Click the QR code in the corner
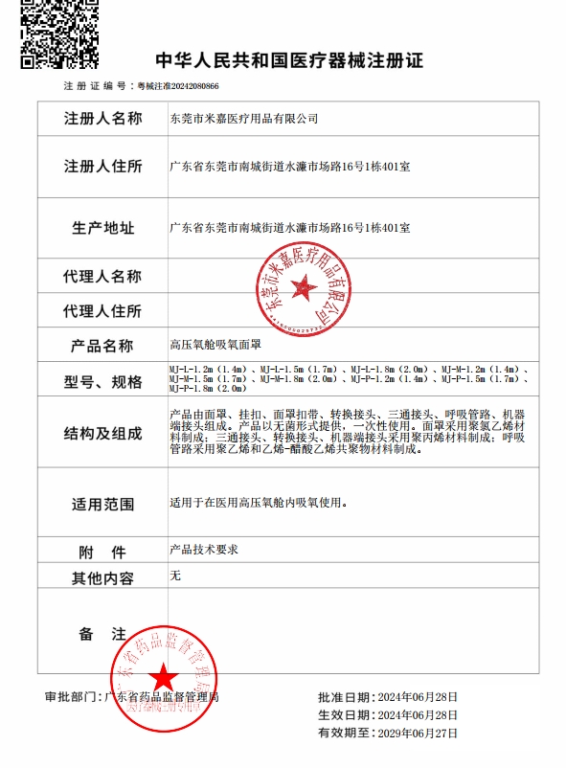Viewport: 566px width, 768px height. pos(59,34)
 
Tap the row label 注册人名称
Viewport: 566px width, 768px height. pos(102,119)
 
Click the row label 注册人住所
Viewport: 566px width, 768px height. pos(102,167)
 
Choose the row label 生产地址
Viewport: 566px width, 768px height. pos(102,228)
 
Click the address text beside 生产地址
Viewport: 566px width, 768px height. pos(289,228)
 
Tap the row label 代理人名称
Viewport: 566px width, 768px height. pos(102,276)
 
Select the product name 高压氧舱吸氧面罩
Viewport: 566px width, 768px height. pos(208,344)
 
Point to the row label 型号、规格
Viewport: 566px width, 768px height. pos(102,382)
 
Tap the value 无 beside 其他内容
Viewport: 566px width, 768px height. pos(174,576)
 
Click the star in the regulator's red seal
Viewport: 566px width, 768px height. pos(161,677)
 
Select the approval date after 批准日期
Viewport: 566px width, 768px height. pos(418,697)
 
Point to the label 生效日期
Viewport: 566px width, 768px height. pos(345,715)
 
